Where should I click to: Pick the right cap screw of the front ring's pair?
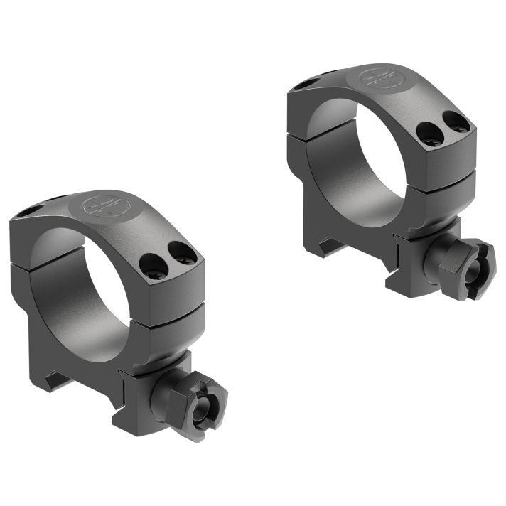pos(182,252)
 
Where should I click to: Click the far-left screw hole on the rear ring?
pos(302,83)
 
